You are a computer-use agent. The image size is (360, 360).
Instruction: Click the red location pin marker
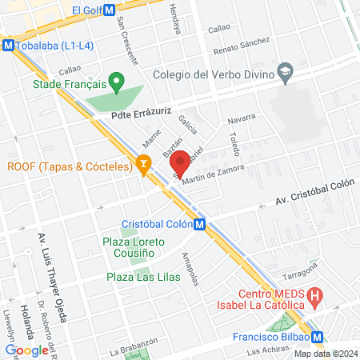182,162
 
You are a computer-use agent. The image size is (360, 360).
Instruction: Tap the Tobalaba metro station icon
8,45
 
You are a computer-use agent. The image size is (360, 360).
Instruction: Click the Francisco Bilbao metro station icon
318,338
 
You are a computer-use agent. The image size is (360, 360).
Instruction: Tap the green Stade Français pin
117,81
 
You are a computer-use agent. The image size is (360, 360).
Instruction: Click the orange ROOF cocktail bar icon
144,166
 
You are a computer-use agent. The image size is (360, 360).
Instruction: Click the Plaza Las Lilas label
141,278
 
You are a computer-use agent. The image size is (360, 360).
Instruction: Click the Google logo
26,350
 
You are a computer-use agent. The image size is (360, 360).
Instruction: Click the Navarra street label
242,119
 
